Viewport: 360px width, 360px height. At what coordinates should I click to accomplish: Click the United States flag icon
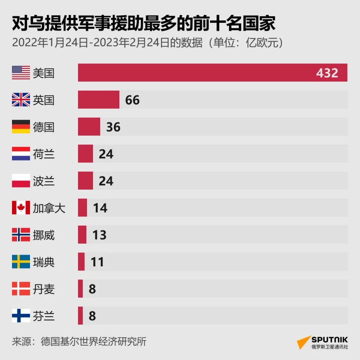coord(21,73)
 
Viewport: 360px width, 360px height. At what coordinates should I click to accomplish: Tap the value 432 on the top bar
coord(327,73)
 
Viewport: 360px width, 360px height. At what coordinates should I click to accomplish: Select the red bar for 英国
coord(99,100)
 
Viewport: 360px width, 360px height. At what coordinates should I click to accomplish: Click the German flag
coord(21,127)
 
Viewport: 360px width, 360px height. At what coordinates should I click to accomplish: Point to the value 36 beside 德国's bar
coord(113,127)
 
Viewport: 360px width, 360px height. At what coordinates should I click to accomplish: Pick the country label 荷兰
coord(44,154)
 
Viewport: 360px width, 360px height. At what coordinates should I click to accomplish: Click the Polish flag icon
coord(21,181)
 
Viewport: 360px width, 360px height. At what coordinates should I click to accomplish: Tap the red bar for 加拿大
coord(82,208)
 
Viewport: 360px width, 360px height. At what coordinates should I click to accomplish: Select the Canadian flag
coord(21,208)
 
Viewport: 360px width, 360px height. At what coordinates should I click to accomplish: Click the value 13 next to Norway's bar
coord(99,235)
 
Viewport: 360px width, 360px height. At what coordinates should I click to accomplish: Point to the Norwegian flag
coord(21,235)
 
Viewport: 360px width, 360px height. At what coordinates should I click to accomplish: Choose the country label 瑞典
coord(44,262)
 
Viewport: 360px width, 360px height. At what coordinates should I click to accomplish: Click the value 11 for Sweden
coord(97,262)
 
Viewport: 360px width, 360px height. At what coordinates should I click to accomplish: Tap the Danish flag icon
coord(21,289)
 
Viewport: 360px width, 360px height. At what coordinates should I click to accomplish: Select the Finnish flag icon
coord(21,316)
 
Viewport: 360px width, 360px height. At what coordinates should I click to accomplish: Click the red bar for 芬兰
coord(80,316)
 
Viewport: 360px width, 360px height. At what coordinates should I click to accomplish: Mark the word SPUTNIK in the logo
coord(330,340)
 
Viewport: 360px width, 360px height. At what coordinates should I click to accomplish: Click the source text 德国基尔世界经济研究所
coord(93,342)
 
